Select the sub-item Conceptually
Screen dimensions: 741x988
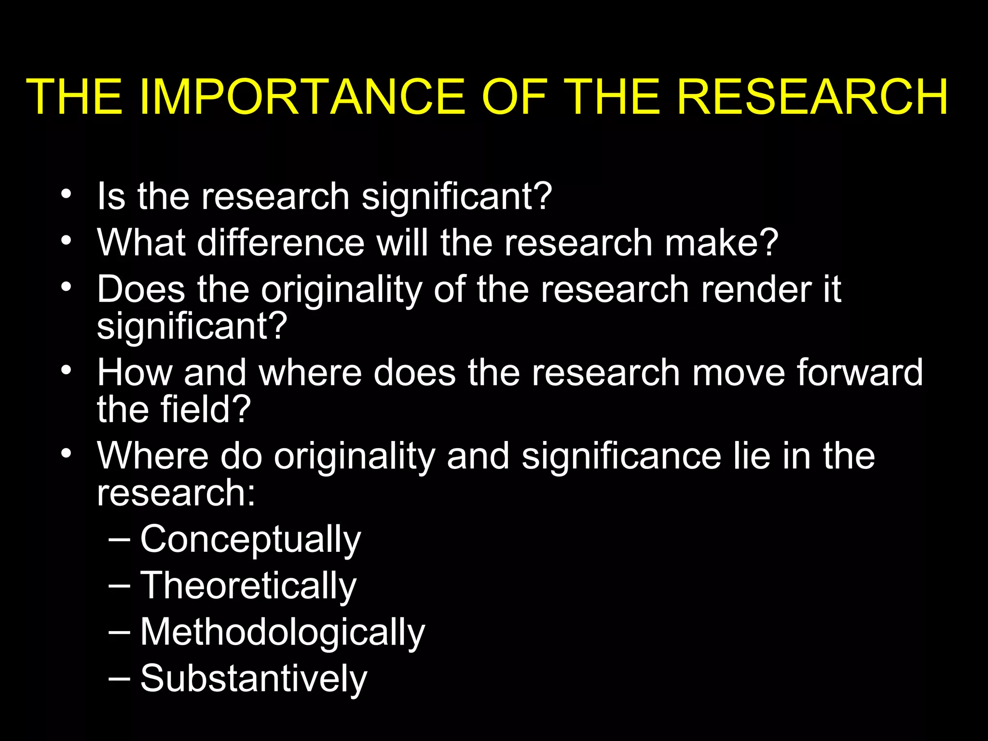pos(250,539)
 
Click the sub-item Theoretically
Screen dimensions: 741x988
pos(248,585)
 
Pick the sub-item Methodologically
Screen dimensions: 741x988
pos(282,632)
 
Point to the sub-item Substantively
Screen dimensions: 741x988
pos(253,678)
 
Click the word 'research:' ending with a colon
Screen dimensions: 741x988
pos(176,493)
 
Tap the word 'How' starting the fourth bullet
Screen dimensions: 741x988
pos(135,372)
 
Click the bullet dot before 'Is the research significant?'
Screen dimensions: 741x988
pos(67,195)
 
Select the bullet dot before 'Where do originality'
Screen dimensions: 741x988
pos(67,453)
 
